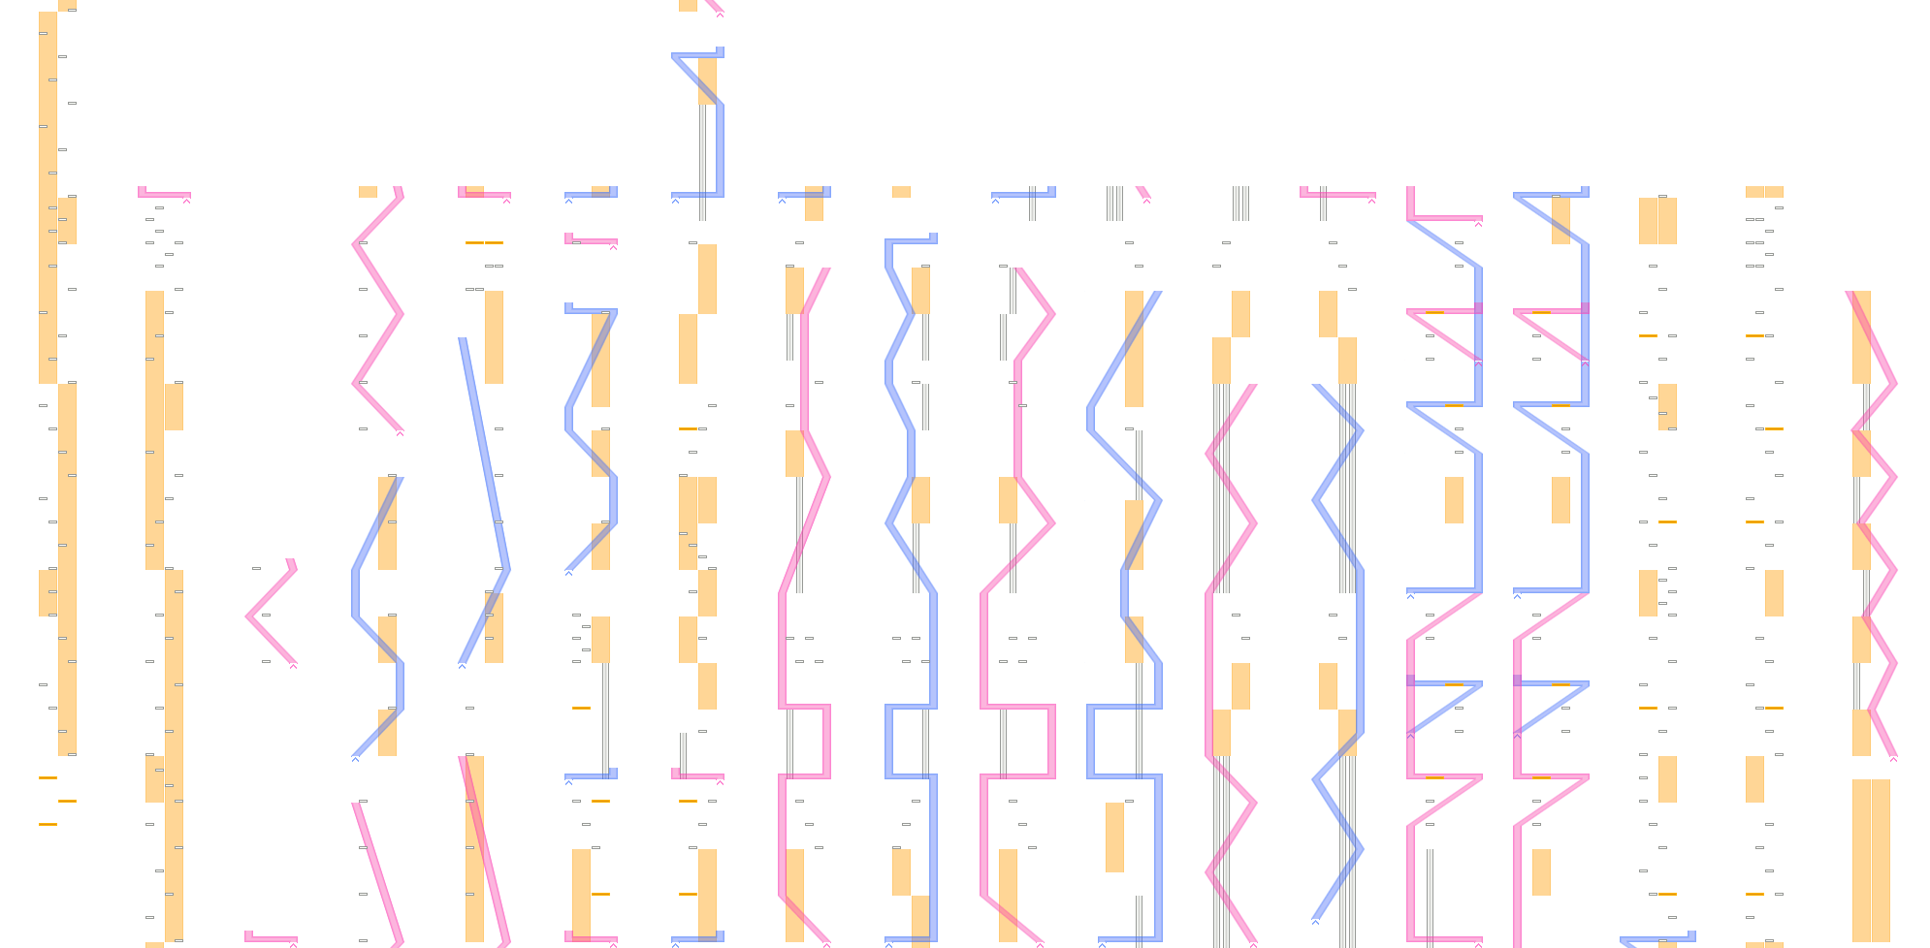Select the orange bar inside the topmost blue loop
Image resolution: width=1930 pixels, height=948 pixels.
tap(708, 79)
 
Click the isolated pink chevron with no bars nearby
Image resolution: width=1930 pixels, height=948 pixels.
tap(272, 614)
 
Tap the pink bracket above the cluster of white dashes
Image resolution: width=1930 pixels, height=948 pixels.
tap(163, 194)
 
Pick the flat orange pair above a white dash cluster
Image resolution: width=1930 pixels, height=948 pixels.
tap(1764, 192)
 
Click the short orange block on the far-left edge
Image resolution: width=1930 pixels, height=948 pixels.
tap(48, 592)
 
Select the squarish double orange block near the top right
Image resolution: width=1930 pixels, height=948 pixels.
tap(1657, 221)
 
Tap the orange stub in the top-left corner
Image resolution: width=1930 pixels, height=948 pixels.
tap(67, 5)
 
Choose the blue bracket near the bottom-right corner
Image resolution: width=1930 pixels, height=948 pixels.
tap(1658, 939)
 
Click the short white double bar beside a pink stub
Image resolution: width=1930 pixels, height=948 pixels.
tap(1114, 204)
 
